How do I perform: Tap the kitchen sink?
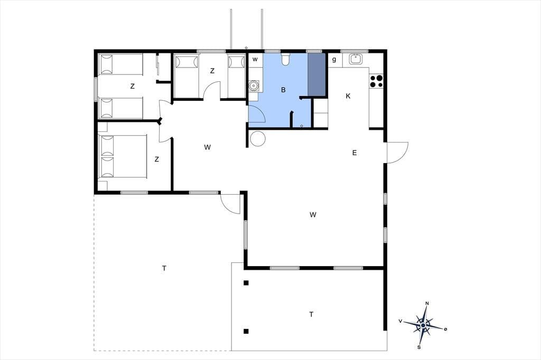point(356,59)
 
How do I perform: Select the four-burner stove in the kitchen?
point(376,81)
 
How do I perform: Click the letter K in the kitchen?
point(348,96)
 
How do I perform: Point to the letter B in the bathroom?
point(283,90)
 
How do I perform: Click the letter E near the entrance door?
point(355,153)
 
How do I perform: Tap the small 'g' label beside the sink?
point(334,60)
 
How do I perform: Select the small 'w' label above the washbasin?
point(255,59)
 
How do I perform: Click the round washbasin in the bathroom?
point(254,85)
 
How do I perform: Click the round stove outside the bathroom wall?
point(258,139)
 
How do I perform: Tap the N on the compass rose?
point(427,304)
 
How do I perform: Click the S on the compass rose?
point(419,347)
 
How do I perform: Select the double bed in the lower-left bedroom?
point(123,157)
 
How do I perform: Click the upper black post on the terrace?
point(246,283)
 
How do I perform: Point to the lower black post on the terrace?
point(246,331)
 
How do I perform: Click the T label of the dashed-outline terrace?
point(164,268)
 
